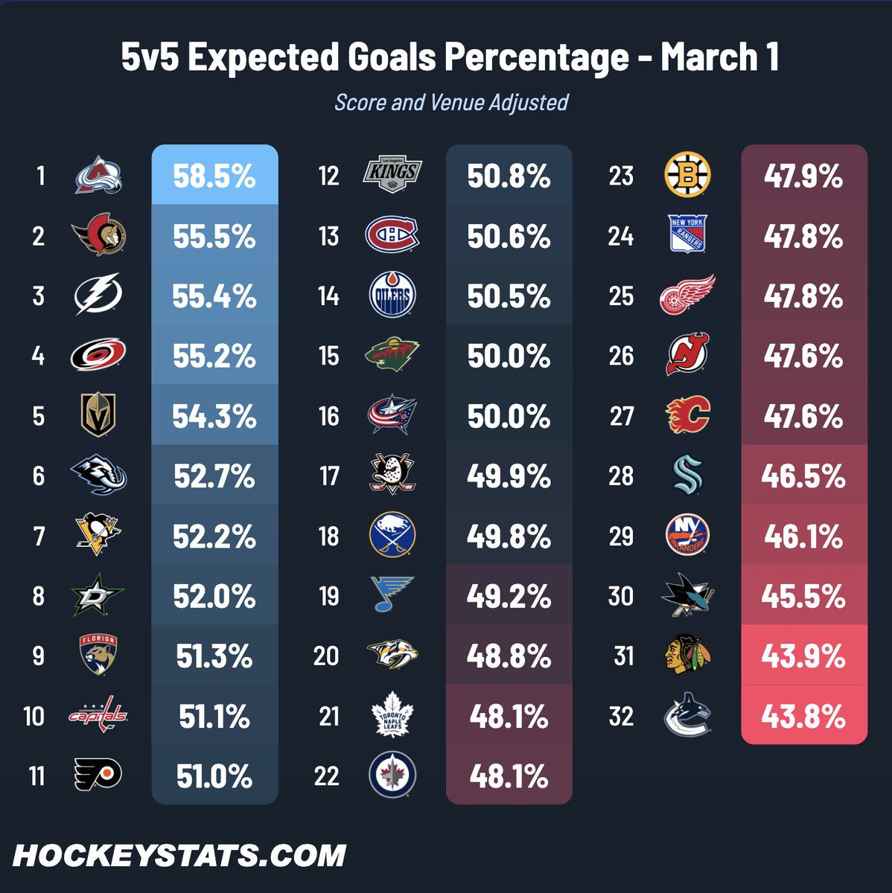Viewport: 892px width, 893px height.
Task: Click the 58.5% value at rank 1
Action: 214,176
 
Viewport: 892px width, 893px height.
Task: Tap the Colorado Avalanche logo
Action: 98,175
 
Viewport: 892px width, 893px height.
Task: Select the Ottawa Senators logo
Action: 98,234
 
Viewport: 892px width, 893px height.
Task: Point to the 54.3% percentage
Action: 214,416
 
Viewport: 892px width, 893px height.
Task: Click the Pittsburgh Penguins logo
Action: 98,535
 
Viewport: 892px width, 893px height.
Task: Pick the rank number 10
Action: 34,716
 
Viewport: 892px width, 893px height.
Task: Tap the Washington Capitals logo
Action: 98,714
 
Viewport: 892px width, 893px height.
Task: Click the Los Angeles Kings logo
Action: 392,174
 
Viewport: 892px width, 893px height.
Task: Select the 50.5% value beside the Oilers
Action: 509,296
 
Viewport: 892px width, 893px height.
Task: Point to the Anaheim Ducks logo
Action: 392,473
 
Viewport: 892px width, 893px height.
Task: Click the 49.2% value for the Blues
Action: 509,596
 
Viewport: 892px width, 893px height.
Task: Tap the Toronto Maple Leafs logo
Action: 392,714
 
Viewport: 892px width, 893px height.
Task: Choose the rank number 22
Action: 327,775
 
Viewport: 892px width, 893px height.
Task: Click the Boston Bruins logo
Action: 687,174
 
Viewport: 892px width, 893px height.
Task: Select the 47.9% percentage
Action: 803,176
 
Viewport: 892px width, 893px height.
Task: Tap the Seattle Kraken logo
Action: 687,475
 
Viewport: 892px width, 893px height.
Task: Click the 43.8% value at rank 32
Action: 803,717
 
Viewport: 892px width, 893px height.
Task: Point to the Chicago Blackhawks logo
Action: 687,654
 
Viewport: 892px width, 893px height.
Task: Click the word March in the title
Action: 709,57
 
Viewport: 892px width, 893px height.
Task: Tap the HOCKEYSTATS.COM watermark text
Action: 179,856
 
